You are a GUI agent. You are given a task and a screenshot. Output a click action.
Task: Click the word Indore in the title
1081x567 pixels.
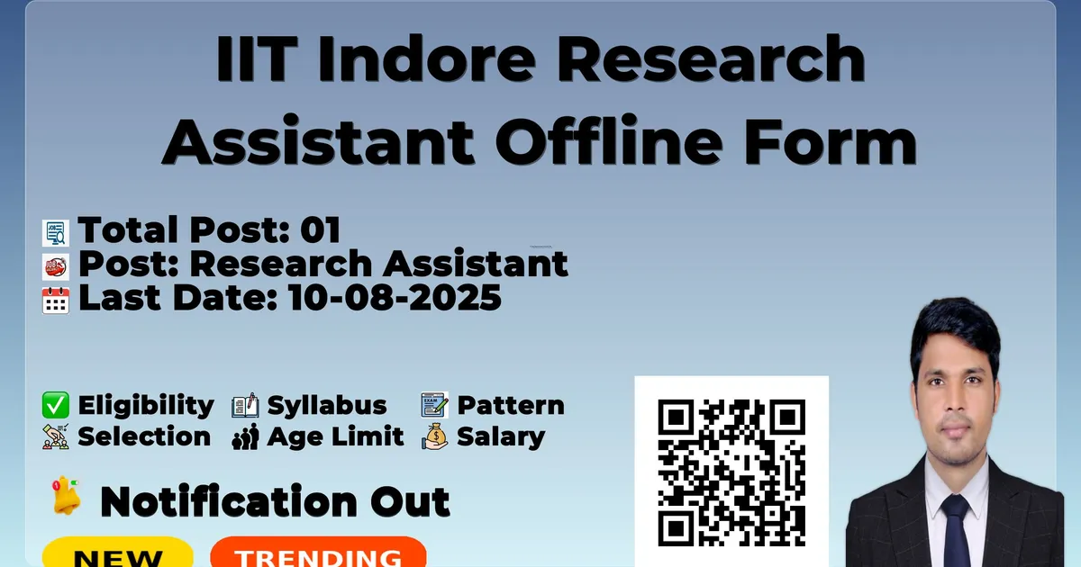[426, 58]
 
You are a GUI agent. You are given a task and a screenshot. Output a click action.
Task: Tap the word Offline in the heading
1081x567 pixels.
[609, 139]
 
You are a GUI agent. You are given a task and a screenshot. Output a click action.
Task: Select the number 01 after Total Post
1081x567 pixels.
[321, 229]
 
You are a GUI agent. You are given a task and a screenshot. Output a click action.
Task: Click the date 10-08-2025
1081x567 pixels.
[395, 297]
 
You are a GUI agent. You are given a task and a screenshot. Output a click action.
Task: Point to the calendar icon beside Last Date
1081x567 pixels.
[56, 301]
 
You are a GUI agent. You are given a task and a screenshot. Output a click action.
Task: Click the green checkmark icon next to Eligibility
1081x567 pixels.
[56, 405]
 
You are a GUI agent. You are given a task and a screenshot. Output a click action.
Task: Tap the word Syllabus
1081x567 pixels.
[327, 406]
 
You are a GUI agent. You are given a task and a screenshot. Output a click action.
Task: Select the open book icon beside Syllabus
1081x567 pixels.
[245, 406]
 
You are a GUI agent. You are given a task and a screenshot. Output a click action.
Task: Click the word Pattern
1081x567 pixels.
[511, 405]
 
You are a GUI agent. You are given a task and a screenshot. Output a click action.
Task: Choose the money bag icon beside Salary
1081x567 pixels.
[435, 436]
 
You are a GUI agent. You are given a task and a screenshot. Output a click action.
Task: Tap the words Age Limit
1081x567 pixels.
[335, 436]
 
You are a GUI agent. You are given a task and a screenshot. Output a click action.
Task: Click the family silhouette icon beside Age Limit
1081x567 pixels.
[245, 436]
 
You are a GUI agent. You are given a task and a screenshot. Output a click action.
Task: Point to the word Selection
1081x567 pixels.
[144, 436]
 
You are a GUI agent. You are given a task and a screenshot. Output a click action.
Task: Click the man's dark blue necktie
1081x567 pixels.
[955, 532]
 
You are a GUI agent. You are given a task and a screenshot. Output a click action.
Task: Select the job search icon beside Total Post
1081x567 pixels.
[56, 233]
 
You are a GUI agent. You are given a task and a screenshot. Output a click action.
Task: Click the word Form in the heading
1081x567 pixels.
[830, 139]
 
